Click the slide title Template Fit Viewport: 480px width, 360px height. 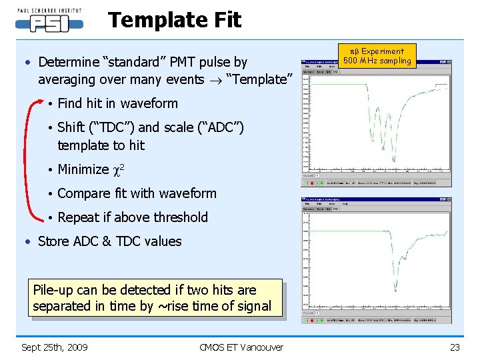click(175, 21)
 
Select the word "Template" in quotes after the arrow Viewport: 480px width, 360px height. click(260, 79)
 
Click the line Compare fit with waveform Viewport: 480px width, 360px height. click(137, 193)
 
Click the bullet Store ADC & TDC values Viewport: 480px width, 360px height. click(109, 241)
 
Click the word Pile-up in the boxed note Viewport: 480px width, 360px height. click(55, 290)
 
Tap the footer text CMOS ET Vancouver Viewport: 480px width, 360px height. click(241, 347)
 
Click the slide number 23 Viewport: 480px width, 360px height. click(455, 347)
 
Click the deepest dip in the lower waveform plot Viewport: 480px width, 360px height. click(395, 289)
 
